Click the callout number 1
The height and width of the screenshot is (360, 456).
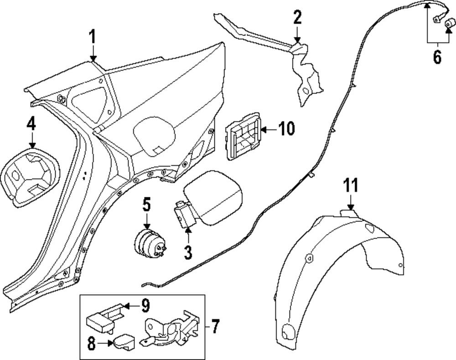pos(93,37)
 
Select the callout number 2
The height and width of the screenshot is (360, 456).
pos(297,18)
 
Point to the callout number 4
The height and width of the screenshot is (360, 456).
pos(31,123)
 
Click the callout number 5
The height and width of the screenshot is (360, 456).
pos(146,205)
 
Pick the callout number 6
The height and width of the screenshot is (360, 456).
pos(437,57)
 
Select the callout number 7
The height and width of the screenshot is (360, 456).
pos(215,326)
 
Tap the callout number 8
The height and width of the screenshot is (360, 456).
pos(92,344)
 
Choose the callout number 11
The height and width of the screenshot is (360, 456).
pos(351,186)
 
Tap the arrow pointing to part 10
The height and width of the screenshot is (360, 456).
pos(269,129)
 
